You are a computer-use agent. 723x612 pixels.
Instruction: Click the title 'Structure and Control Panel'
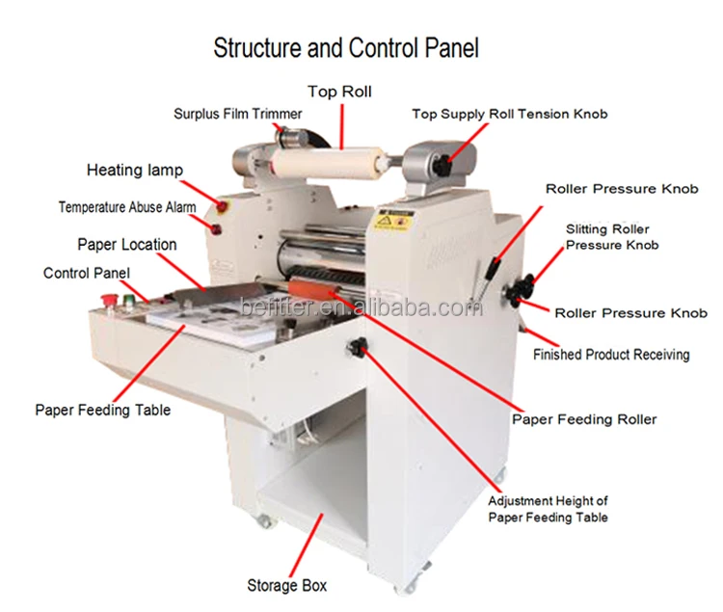[x=346, y=47]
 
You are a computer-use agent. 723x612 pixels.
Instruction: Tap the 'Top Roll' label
[x=339, y=92]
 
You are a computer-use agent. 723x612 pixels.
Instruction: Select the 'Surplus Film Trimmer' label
[x=237, y=114]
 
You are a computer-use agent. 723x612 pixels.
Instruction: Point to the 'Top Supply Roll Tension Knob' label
[x=510, y=114]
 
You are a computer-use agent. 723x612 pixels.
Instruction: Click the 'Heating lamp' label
[x=134, y=171]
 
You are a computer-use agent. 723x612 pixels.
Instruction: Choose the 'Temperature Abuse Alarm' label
[x=126, y=206]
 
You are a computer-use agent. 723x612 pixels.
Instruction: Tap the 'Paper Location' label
[x=126, y=244]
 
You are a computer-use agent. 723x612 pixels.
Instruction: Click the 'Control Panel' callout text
[x=86, y=273]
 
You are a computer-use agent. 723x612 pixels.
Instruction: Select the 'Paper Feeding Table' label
[x=102, y=410]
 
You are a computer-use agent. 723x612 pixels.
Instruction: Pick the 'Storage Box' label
[x=287, y=585]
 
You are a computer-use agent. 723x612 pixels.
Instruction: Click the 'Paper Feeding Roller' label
[x=584, y=419]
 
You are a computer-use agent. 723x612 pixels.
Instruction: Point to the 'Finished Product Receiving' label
[x=611, y=355]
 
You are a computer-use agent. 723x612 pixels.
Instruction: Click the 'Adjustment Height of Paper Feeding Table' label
[x=548, y=509]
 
